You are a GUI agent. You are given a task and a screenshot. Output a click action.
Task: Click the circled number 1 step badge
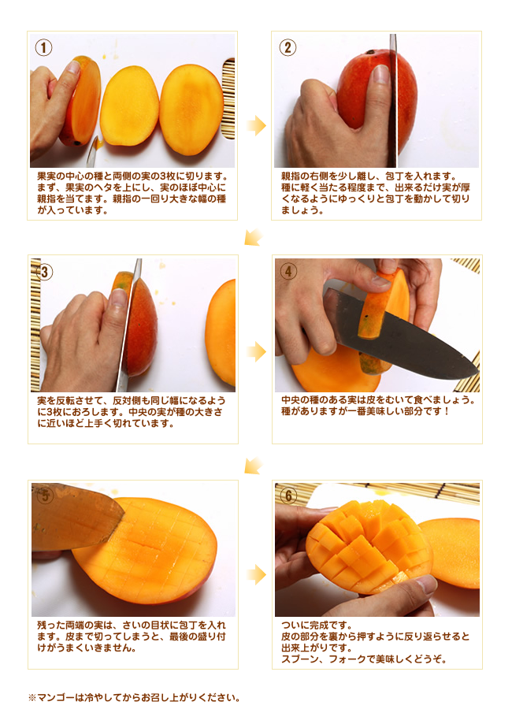44,47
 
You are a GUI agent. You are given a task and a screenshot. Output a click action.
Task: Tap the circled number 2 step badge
288,47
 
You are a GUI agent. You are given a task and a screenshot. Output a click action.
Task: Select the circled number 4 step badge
288,271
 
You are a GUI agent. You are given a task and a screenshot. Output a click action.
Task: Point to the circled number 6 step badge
288,496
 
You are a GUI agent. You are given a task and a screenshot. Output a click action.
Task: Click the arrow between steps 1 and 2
257,125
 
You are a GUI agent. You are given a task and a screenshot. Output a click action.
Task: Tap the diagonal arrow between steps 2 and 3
254,237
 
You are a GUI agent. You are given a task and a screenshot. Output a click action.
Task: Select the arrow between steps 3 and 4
257,351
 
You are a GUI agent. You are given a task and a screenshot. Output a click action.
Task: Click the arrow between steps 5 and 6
257,575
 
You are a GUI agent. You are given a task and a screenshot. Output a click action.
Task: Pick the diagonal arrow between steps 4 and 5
254,466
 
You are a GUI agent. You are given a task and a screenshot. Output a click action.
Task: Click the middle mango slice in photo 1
129,106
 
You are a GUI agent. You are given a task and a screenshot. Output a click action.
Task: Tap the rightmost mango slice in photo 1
191,110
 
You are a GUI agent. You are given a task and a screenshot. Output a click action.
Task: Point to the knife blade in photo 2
392,100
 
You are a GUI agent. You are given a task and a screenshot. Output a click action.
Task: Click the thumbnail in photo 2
380,73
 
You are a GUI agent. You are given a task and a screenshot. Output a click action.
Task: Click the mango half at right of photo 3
221,332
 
